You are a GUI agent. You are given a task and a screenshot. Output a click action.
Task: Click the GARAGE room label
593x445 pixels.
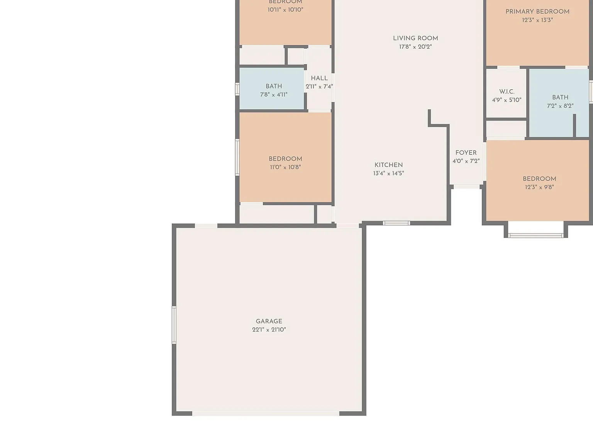click(x=269, y=321)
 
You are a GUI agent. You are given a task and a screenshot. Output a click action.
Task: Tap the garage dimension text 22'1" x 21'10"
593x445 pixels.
click(x=269, y=330)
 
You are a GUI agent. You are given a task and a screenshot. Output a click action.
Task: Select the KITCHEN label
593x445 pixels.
click(x=388, y=165)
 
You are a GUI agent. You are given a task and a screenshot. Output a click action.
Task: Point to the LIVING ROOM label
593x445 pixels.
click(x=415, y=38)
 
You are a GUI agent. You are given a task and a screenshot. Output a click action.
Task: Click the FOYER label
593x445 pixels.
click(x=466, y=153)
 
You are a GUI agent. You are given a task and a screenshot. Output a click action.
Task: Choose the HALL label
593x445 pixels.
click(x=319, y=78)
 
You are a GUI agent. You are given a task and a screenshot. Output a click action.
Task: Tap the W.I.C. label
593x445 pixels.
click(x=507, y=92)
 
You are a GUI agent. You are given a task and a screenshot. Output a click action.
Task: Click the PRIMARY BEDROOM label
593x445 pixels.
click(x=537, y=12)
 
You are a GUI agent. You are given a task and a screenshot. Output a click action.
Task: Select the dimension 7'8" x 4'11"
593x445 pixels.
click(x=274, y=95)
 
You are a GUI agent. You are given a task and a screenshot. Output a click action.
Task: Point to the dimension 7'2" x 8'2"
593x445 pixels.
click(x=560, y=106)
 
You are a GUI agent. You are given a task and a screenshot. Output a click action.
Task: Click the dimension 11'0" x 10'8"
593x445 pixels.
click(x=285, y=167)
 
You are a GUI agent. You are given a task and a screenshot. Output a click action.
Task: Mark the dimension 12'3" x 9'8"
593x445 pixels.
click(x=539, y=187)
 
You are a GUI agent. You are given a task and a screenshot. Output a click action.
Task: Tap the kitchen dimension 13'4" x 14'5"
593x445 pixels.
click(x=388, y=173)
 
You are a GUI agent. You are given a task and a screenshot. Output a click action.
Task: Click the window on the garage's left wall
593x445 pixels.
click(x=174, y=325)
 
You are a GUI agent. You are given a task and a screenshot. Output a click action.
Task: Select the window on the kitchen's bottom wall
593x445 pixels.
click(x=396, y=223)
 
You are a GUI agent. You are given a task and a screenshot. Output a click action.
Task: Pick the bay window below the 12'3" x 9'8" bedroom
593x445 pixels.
click(x=536, y=236)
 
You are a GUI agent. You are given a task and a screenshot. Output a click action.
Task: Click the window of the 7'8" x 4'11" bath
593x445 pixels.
click(x=237, y=89)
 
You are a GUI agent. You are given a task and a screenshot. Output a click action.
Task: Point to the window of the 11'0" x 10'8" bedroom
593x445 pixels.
click(x=237, y=157)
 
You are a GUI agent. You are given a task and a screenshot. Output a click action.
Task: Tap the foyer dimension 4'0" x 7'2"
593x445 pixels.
click(x=466, y=161)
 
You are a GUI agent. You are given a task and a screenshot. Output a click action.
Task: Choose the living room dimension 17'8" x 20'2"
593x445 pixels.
click(x=415, y=47)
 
